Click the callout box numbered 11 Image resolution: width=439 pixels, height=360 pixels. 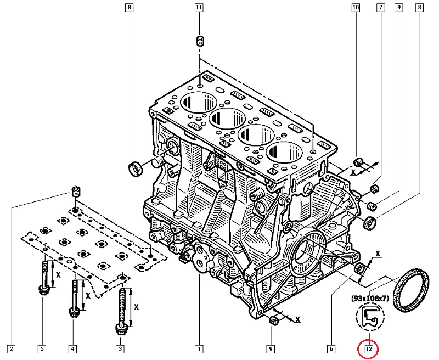199,8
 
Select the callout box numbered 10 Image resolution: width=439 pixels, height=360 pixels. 356,8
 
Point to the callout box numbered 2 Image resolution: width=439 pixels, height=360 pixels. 11,348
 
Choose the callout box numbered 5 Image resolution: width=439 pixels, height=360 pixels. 42,348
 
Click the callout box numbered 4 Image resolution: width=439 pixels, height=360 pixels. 72,348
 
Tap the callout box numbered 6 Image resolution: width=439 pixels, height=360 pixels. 331,348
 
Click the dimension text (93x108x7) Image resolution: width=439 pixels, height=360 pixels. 371,299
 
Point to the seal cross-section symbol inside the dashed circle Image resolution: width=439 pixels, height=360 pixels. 370,318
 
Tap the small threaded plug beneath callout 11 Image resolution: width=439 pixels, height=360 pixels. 200,41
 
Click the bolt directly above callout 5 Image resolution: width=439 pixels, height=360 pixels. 42,277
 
